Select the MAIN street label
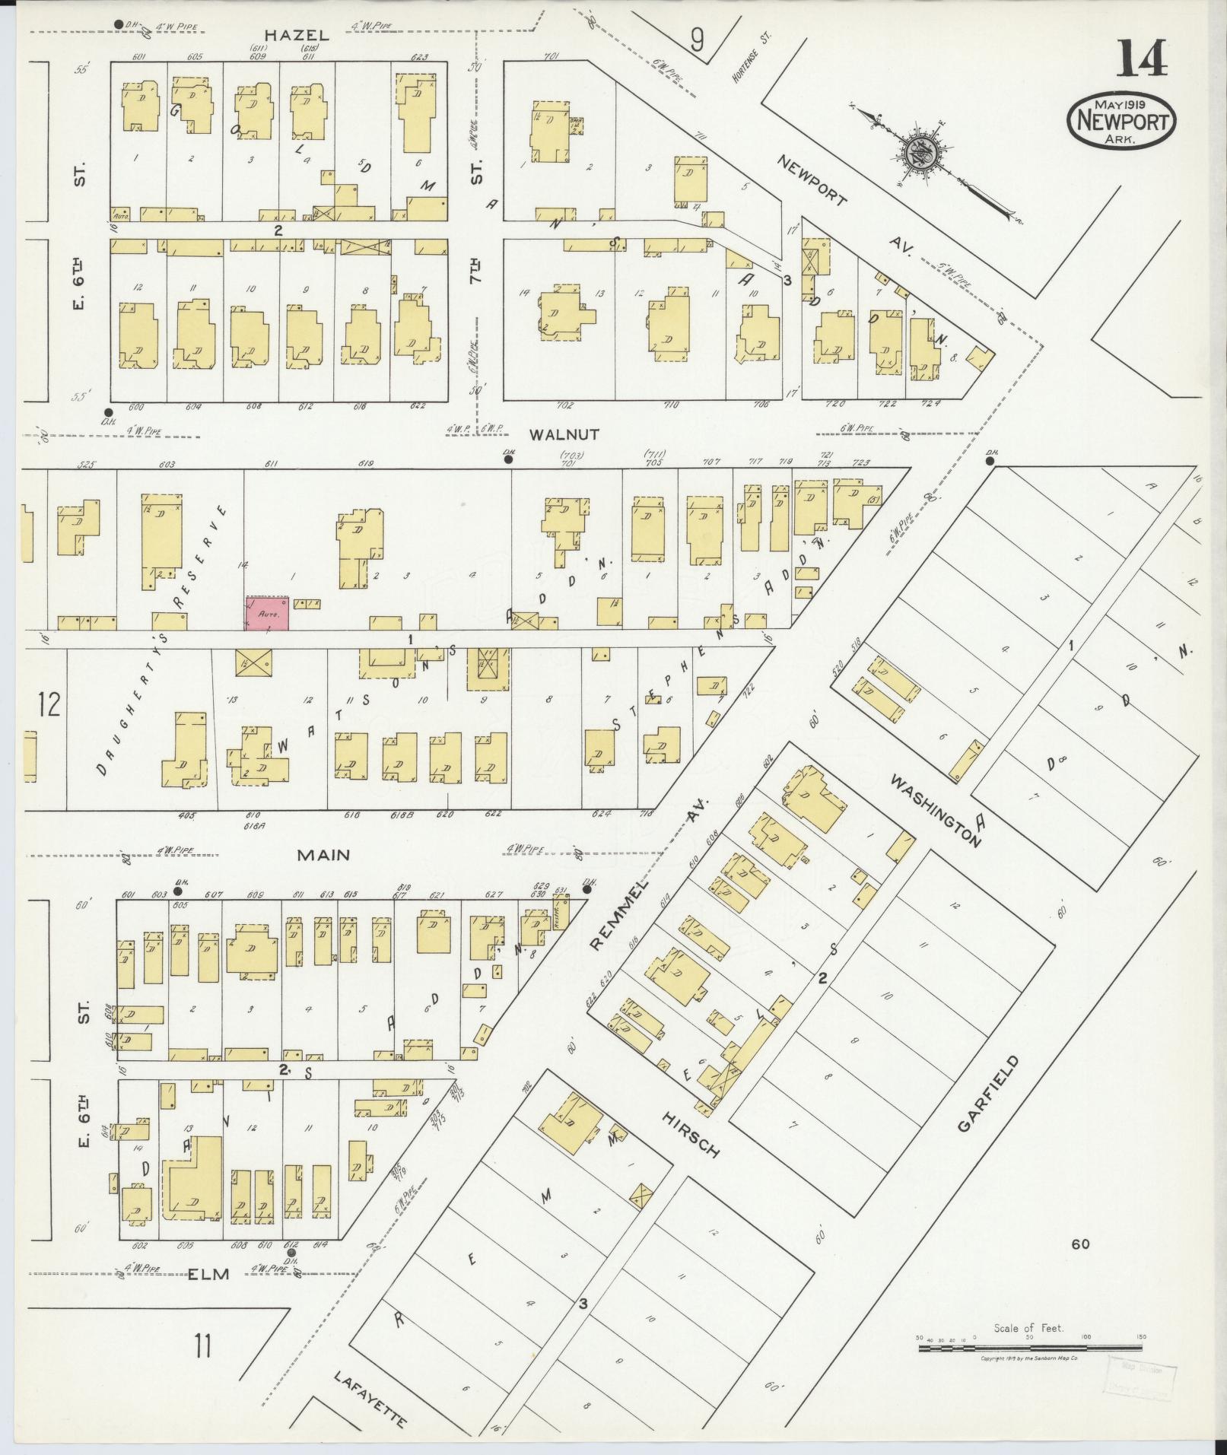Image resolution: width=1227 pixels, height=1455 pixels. tap(323, 855)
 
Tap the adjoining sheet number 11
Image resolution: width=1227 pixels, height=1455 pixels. tap(202, 1347)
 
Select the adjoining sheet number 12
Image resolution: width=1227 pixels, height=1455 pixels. tap(49, 704)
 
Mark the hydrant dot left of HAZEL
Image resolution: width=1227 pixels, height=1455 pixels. tap(118, 24)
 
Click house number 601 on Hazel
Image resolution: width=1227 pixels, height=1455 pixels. tap(138, 56)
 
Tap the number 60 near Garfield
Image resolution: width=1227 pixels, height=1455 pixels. tap(1080, 1244)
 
